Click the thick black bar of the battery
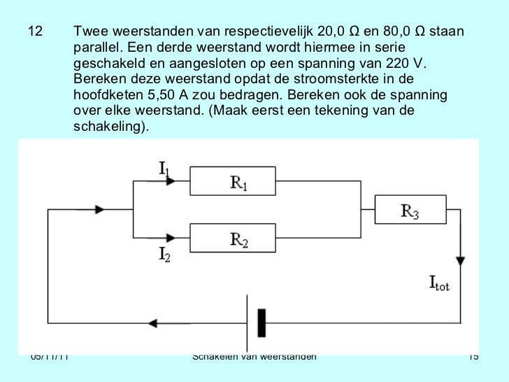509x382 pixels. (262, 323)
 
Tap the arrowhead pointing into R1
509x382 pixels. (171, 181)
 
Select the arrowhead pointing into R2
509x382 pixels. (171, 237)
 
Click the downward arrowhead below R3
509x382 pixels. (460, 260)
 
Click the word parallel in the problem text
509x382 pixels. (96, 48)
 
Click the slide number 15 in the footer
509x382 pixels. (473, 358)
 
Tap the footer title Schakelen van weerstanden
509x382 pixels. (254, 357)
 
